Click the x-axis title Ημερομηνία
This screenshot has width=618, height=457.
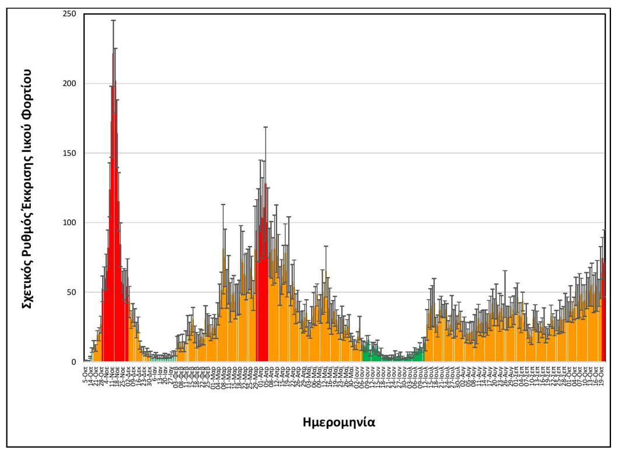(338, 421)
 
